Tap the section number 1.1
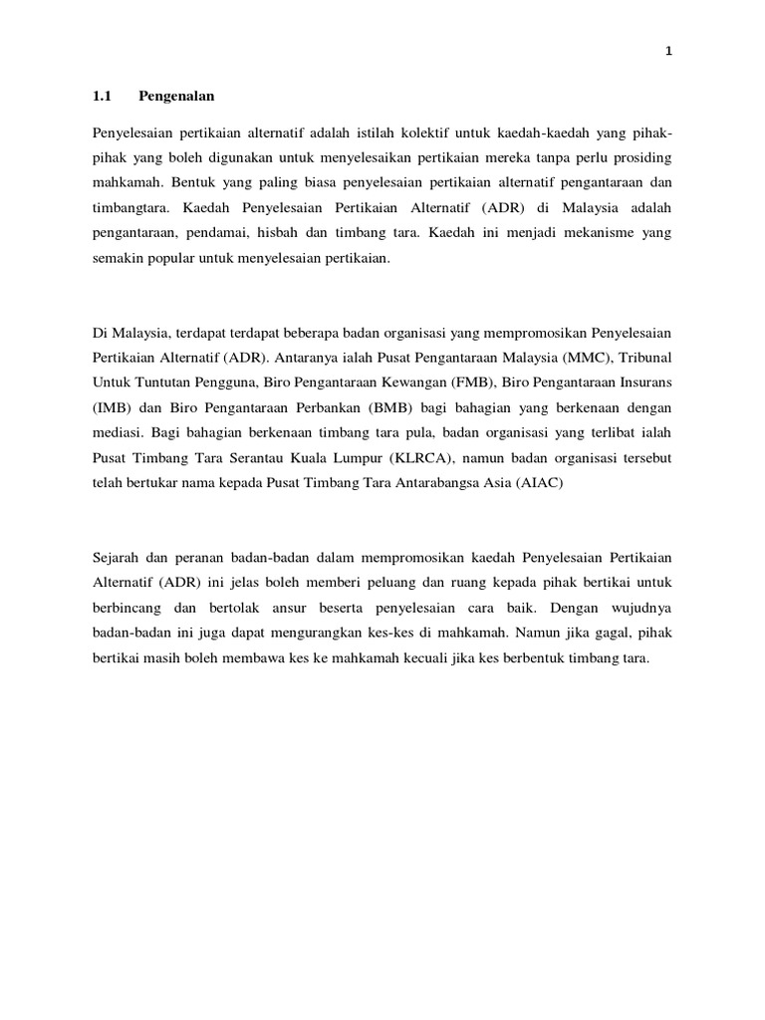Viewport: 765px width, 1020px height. tap(101, 98)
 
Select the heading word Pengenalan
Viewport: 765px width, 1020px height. tap(177, 98)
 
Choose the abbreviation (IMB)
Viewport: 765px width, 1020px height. tap(110, 408)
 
